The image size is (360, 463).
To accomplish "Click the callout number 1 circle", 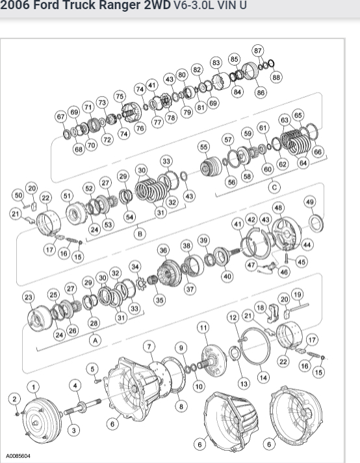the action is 33,387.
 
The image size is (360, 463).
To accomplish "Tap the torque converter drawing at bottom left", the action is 42,419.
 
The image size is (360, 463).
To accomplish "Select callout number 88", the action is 276,77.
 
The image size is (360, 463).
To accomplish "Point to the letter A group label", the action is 95,341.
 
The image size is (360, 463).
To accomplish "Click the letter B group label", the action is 140,234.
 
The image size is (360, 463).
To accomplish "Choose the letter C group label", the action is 274,187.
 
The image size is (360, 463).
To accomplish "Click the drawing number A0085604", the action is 18,456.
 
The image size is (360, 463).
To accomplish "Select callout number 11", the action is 203,328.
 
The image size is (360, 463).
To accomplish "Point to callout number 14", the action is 263,377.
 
